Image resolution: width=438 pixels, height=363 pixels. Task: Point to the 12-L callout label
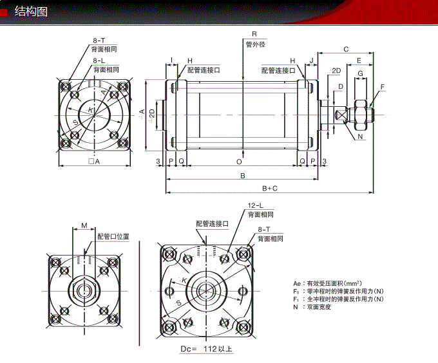pos(255,206)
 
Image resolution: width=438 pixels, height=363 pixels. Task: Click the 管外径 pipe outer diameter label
pos(255,44)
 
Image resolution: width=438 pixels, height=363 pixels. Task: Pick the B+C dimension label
pos(270,188)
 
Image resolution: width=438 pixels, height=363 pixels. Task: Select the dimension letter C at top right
pos(346,49)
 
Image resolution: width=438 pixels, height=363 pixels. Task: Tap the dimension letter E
pos(359,60)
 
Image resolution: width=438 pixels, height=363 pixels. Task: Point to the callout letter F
pos(382,86)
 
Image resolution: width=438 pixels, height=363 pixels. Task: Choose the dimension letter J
pos(312,60)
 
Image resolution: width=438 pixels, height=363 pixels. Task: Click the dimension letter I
pos(171,60)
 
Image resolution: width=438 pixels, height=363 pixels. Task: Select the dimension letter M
pos(84,226)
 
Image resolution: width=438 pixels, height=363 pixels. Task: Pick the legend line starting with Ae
pos(327,283)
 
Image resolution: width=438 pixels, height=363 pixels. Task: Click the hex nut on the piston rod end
pos(360,114)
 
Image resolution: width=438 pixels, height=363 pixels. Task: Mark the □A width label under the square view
pos(94,162)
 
